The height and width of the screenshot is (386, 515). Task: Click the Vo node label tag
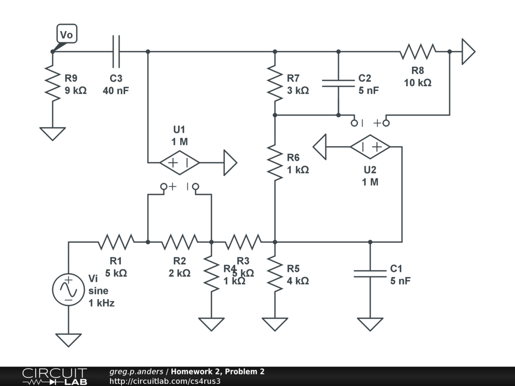click(67, 34)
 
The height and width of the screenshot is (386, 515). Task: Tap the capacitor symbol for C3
click(116, 51)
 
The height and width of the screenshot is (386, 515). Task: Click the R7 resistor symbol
click(275, 83)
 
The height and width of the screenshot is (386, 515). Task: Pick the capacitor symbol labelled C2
click(338, 82)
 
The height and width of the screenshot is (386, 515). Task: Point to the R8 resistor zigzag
click(418, 51)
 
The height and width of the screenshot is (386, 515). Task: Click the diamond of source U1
click(180, 162)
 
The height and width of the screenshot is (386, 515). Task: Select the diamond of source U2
click(370, 147)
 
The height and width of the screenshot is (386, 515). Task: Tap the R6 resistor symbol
click(275, 162)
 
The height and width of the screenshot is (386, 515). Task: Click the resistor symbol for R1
click(116, 242)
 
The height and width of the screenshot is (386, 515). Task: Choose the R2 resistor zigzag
click(180, 242)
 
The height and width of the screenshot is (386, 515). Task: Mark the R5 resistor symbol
click(275, 273)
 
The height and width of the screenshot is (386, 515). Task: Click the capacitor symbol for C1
click(370, 273)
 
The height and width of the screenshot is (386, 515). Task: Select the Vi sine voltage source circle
click(68, 290)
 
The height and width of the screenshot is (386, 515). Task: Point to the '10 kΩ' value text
click(417, 83)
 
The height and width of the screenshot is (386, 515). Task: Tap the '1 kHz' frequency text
click(101, 303)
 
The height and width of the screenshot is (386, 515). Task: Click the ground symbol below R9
click(52, 134)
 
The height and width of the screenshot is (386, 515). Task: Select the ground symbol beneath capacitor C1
click(370, 324)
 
